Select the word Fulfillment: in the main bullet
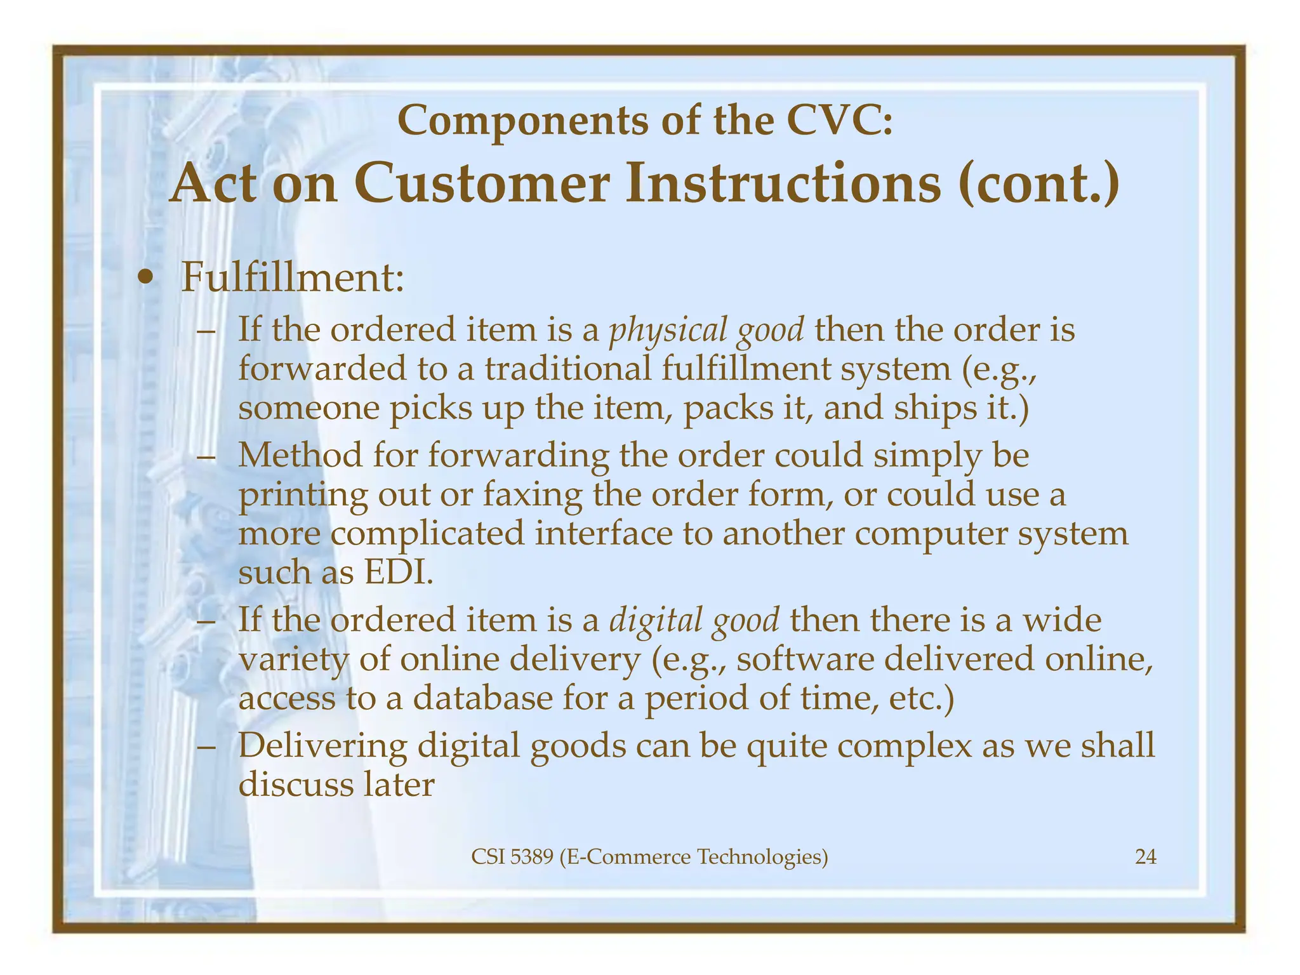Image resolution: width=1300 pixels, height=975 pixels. tap(293, 277)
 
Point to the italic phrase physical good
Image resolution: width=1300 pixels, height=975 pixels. tap(706, 330)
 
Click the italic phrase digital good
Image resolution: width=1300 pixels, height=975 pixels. tap(694, 620)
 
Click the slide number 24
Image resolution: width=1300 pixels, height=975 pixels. tap(1145, 858)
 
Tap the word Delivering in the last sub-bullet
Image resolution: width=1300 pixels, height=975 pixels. tap(322, 745)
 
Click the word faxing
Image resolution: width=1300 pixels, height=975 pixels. tap(532, 494)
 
